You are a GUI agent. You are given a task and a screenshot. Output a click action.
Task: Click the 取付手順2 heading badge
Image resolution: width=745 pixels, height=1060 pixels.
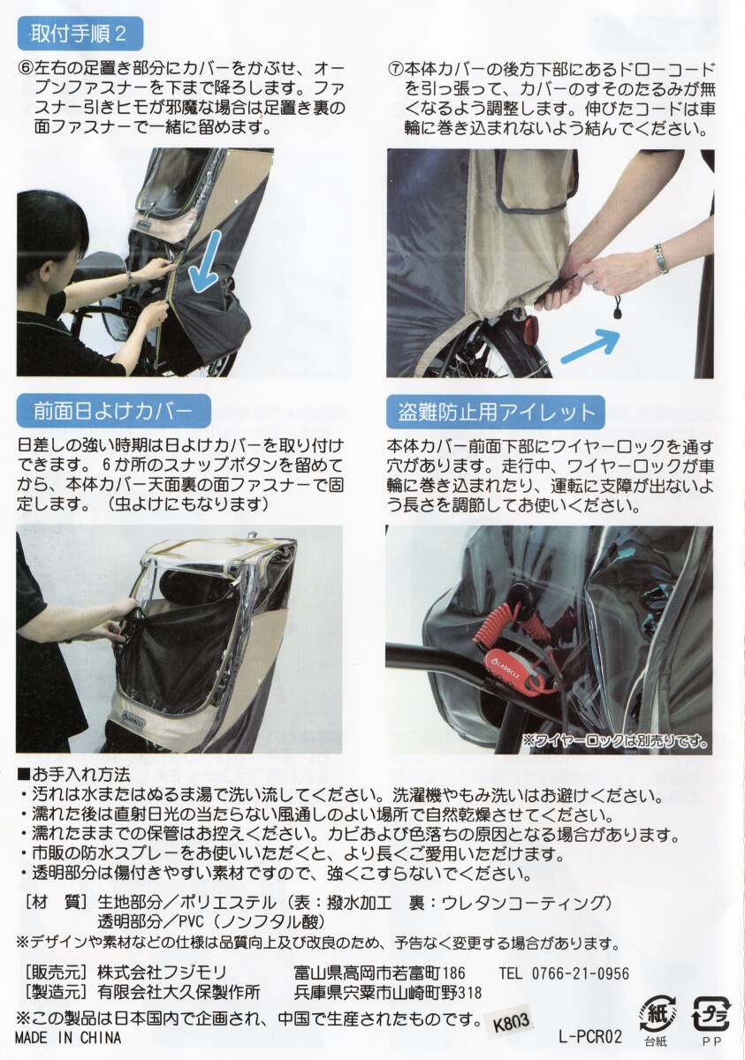(80, 34)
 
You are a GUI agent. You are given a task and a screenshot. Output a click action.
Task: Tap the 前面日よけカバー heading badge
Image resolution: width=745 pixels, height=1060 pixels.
(113, 412)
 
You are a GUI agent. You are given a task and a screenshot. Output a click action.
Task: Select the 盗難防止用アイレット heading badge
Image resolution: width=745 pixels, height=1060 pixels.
(496, 413)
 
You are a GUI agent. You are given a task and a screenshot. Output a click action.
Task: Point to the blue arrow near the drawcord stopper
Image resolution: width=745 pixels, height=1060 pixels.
(590, 347)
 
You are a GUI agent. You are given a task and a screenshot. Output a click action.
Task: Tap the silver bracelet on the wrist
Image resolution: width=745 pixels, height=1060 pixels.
(661, 259)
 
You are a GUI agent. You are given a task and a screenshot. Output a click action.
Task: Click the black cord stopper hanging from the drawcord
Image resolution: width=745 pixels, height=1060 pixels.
(618, 309)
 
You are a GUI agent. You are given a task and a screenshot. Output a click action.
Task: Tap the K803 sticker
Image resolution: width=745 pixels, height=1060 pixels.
(511, 1023)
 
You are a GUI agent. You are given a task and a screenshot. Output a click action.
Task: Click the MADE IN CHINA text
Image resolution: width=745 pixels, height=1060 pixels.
(68, 1038)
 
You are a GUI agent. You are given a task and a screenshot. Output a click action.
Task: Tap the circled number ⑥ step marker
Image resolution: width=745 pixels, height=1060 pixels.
(26, 70)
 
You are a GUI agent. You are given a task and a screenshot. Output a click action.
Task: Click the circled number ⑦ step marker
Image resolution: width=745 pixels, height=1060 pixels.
(396, 70)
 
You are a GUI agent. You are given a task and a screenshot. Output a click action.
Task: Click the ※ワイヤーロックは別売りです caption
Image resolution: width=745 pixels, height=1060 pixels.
(615, 740)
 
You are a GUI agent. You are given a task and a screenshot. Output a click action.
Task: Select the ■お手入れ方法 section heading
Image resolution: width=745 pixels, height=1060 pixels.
(73, 776)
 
